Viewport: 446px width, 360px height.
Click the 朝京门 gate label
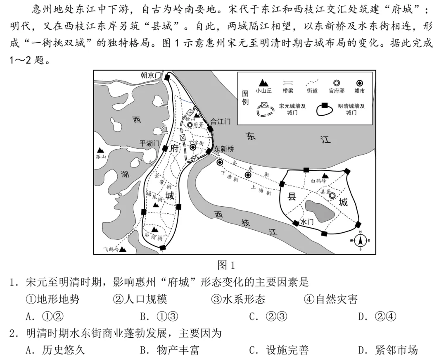click(150, 75)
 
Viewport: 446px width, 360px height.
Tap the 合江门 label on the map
click(221, 121)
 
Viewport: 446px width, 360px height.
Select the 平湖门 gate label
click(149, 143)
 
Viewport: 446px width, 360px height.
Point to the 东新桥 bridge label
click(224, 149)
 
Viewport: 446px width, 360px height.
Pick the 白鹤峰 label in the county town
click(318, 181)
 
